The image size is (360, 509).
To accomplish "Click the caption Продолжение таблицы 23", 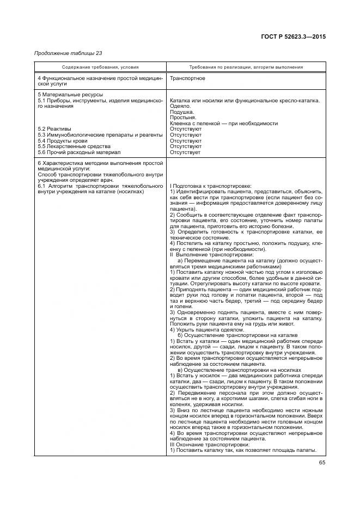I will click(68, 53).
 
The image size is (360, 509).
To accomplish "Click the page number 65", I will click(321, 463).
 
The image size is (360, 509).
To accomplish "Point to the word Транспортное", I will click(188, 78).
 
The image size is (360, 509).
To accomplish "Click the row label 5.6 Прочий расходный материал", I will click(78, 152).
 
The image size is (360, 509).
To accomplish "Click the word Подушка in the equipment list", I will click(182, 112).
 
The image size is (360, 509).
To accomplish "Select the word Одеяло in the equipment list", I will click(180, 106).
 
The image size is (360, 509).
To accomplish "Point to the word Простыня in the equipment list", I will click(184, 118).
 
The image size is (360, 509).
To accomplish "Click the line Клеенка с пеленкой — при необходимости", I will click(223, 124).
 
